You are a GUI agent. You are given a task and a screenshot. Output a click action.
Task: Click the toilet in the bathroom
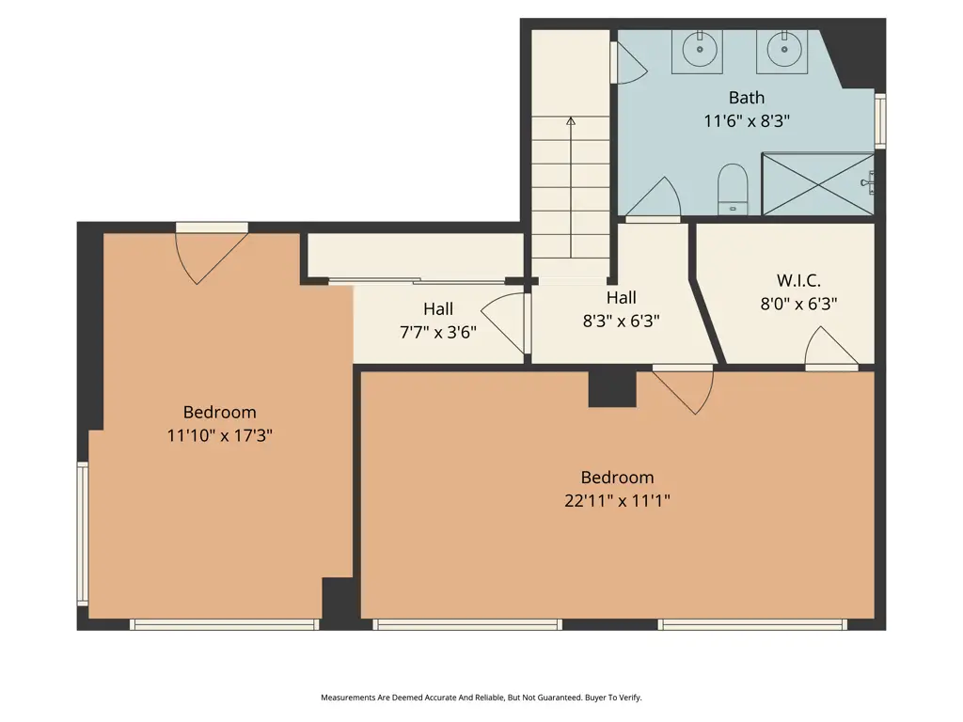732,187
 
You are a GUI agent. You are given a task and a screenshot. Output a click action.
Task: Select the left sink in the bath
698,50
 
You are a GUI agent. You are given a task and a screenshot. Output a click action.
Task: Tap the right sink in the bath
781,50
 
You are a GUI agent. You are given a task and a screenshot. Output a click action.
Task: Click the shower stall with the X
816,184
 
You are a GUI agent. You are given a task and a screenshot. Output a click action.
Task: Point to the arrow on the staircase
570,122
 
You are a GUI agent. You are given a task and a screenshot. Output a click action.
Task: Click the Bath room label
747,98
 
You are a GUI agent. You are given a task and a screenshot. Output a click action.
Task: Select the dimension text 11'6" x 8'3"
747,121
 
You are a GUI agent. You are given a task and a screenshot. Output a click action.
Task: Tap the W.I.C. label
798,280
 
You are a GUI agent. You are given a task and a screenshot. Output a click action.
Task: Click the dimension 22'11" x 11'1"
617,501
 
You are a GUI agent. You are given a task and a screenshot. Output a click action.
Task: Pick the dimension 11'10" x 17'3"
219,435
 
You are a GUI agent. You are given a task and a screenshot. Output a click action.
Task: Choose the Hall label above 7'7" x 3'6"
437,308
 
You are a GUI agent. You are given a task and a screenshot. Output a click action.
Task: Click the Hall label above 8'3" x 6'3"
621,298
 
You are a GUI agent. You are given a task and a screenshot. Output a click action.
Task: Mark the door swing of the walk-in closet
829,348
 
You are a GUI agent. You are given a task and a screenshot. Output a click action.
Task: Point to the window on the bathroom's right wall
880,120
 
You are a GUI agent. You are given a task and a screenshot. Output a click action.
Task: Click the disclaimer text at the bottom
481,698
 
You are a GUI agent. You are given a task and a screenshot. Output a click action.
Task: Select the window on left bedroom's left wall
83,533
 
